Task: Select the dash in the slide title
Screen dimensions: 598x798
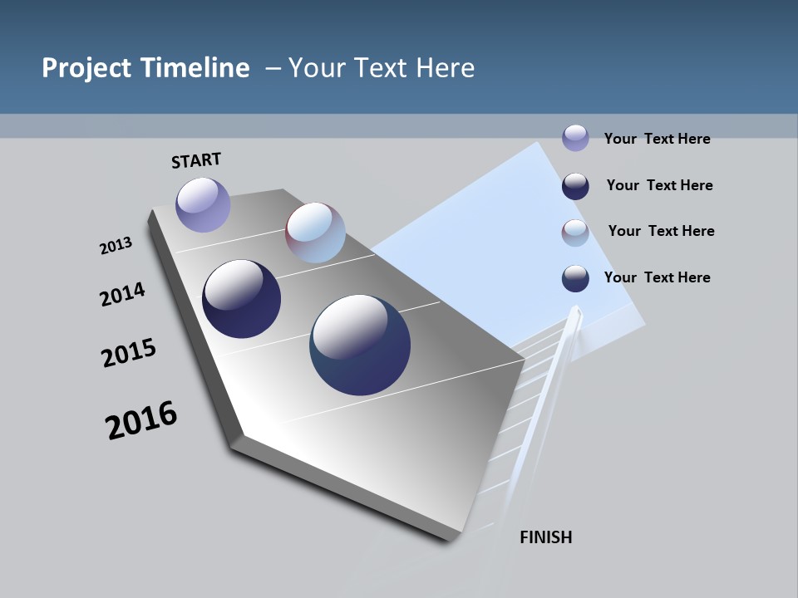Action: click(x=273, y=68)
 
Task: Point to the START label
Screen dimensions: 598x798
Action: click(x=196, y=159)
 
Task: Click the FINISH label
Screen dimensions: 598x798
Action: click(x=545, y=537)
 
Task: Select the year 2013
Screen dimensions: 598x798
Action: click(x=116, y=246)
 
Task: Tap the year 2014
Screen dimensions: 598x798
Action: click(x=122, y=294)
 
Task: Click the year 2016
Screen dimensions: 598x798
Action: click(x=141, y=420)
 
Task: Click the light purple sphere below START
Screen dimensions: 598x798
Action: click(x=203, y=204)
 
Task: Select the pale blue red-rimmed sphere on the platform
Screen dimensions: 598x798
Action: click(x=315, y=233)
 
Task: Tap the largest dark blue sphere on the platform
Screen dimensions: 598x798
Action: click(x=360, y=345)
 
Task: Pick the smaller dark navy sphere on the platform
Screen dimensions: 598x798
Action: click(x=241, y=299)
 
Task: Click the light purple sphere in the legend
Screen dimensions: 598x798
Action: click(x=575, y=138)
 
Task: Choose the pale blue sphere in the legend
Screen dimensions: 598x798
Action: click(x=575, y=233)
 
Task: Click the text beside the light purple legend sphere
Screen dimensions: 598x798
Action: click(x=657, y=139)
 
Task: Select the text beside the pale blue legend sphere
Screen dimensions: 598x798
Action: click(x=661, y=231)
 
